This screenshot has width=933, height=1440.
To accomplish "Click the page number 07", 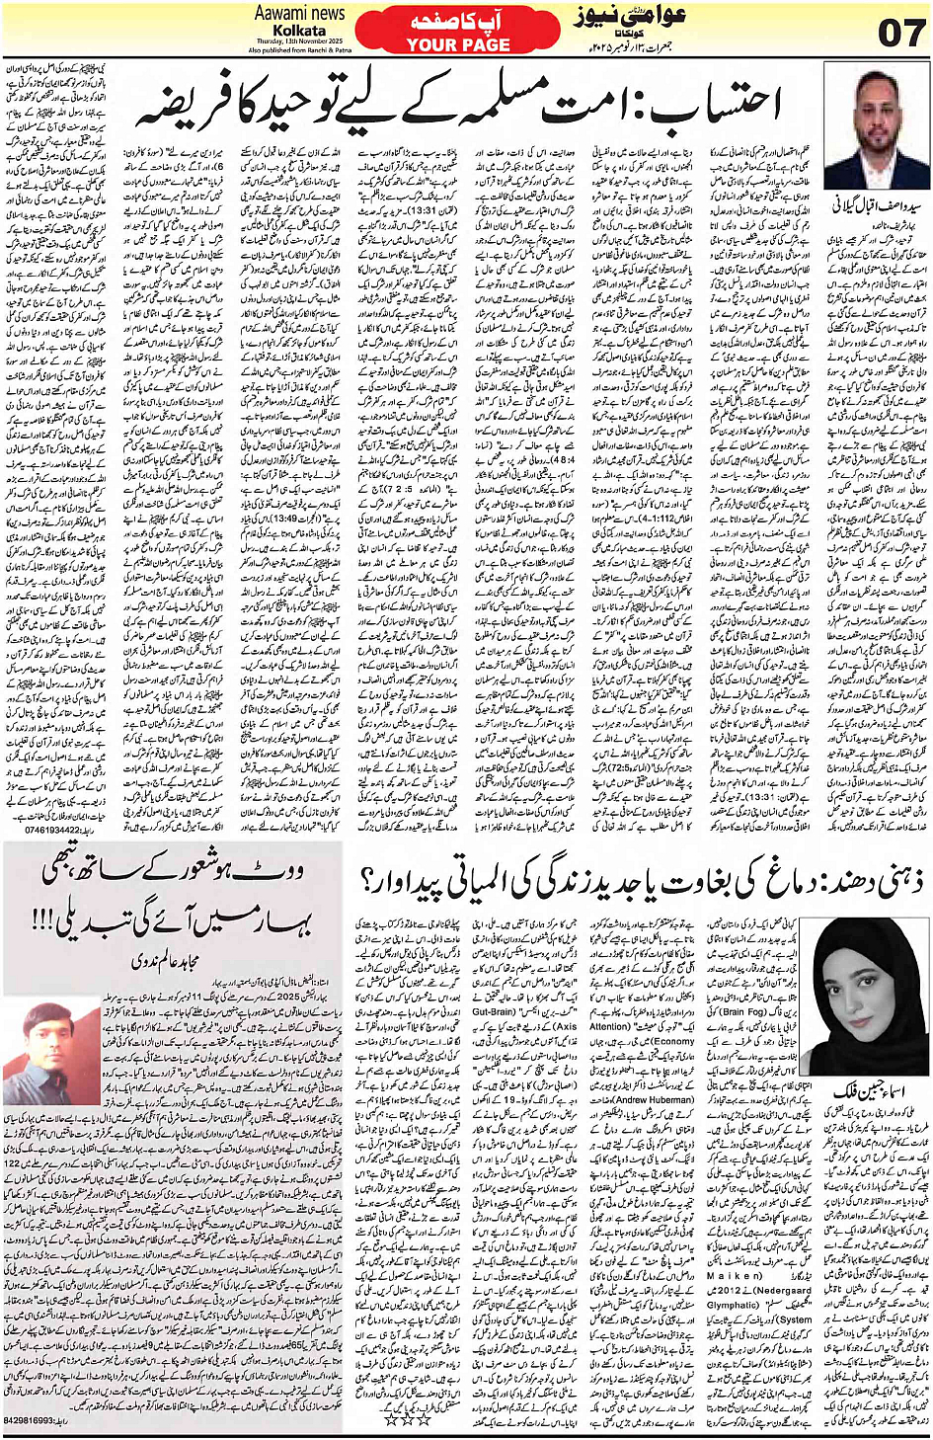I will pyautogui.click(x=900, y=32).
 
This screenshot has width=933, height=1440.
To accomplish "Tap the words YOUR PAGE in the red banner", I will pyautogui.click(x=458, y=44).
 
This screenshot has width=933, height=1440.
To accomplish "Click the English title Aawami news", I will pyautogui.click(x=299, y=13).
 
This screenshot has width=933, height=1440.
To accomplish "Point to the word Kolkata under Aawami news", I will pyautogui.click(x=299, y=30).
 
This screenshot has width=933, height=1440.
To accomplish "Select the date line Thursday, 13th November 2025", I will pyautogui.click(x=299, y=40).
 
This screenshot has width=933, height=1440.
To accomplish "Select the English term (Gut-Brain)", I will pyautogui.click(x=493, y=1011).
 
